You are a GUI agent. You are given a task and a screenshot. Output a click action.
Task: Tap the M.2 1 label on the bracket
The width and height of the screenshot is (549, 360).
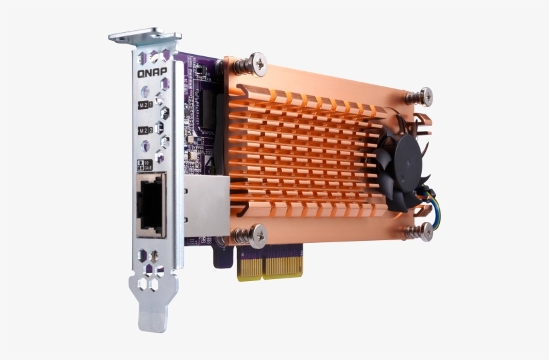pyautogui.click(x=144, y=105)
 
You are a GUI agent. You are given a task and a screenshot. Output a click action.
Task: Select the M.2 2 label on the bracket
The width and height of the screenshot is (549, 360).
pyautogui.click(x=144, y=130)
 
